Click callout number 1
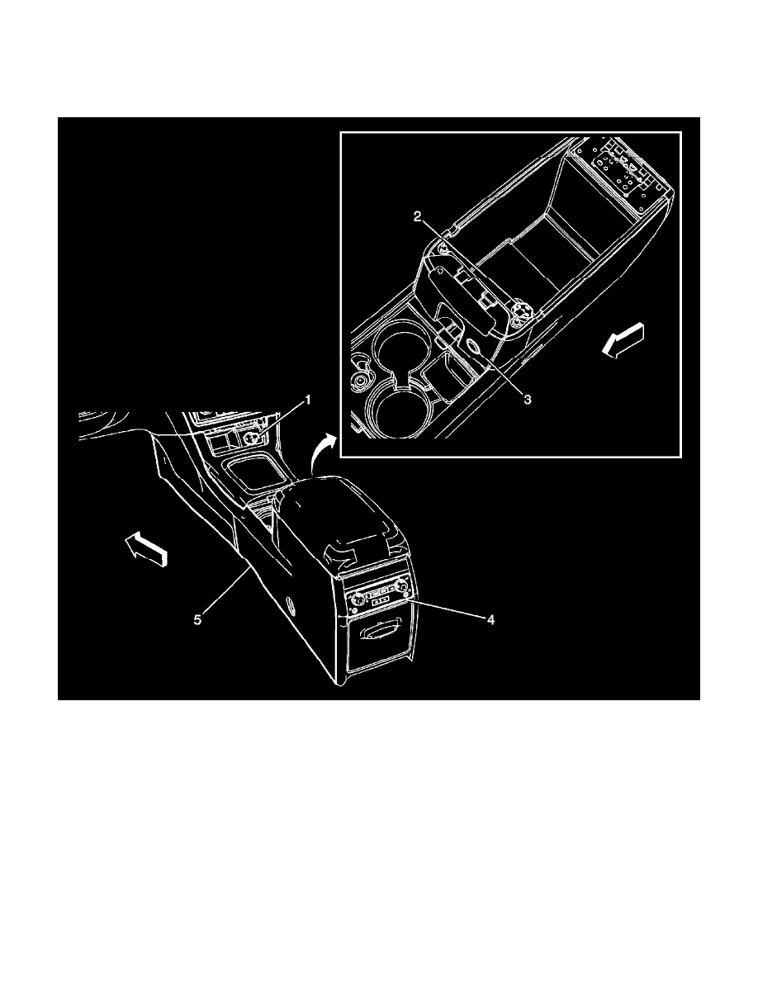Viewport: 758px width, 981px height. point(310,400)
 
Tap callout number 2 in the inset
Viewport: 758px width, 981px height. point(419,217)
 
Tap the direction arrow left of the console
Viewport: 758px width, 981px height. point(146,551)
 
